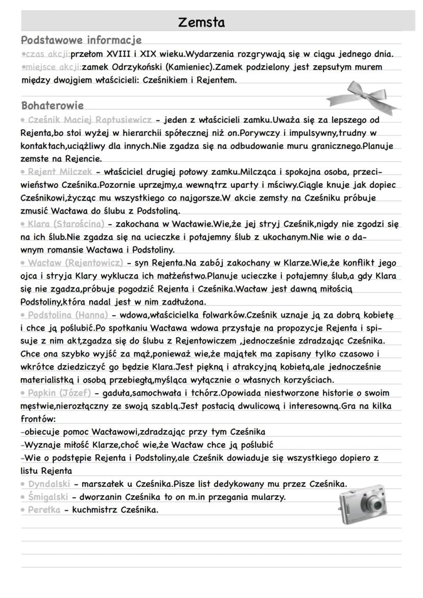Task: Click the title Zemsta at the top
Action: pyautogui.click(x=201, y=22)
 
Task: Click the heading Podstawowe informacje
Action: pyautogui.click(x=81, y=40)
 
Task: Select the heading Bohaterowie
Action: pyautogui.click(x=53, y=106)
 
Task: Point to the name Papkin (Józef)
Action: pyautogui.click(x=59, y=393)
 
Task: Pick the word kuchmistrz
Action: pyautogui.click(x=90, y=510)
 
